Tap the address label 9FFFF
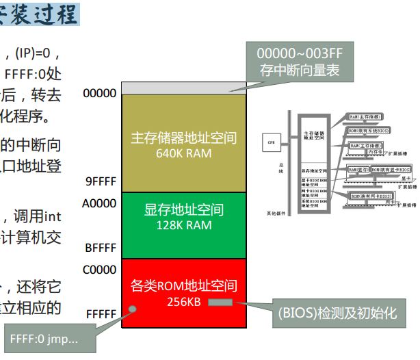100,181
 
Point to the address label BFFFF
100,247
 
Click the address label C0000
100,270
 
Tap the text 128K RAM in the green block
183,225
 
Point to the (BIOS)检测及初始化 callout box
337,315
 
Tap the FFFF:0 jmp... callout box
48,338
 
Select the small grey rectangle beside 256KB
220,301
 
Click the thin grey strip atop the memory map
183,88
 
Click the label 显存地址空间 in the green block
183,209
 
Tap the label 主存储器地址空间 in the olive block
183,138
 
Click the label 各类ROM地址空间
183,285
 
